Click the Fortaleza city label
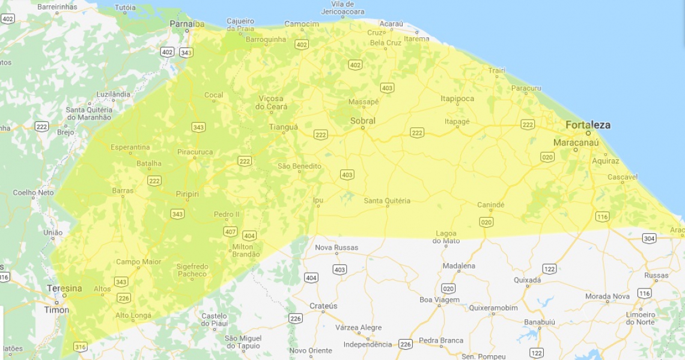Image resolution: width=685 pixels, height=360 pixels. (588, 125)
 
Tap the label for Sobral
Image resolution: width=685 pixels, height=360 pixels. (362, 121)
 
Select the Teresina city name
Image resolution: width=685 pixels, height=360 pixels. (64, 288)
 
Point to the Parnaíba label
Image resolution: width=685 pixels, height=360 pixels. (186, 24)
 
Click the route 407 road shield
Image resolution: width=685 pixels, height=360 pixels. (230, 231)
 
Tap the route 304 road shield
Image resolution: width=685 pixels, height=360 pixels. (648, 239)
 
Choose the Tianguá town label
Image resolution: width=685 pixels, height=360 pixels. (283, 127)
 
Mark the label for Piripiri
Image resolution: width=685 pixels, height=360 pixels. (187, 194)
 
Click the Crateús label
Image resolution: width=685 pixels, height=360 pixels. (323, 306)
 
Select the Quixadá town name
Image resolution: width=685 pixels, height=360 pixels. (527, 280)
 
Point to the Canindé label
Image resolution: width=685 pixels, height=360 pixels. (491, 205)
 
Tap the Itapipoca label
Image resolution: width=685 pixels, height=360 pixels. (457, 99)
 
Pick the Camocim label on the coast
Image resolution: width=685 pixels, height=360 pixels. (302, 24)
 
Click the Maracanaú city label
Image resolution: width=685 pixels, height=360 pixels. (576, 142)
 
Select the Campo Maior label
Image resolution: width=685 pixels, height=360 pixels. (138, 261)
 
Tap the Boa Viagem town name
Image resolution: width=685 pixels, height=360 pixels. (439, 300)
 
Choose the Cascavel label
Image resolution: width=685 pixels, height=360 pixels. (622, 177)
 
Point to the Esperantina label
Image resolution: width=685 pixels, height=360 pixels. (130, 147)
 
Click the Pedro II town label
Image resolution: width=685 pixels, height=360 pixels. (227, 215)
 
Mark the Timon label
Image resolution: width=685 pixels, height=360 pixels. (56, 310)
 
